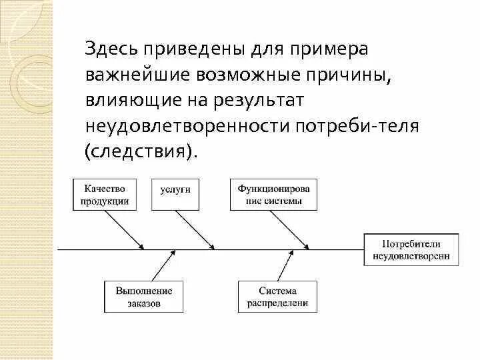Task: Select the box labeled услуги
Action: (x=175, y=189)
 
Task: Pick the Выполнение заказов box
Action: (x=143, y=297)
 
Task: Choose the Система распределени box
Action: (x=277, y=297)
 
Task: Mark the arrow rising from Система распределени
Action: (x=283, y=266)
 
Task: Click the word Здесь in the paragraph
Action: (x=110, y=51)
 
